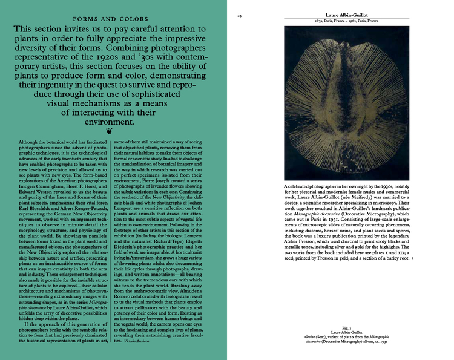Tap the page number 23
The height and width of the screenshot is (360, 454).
(239, 15)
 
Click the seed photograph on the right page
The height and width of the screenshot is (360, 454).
(347, 100)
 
